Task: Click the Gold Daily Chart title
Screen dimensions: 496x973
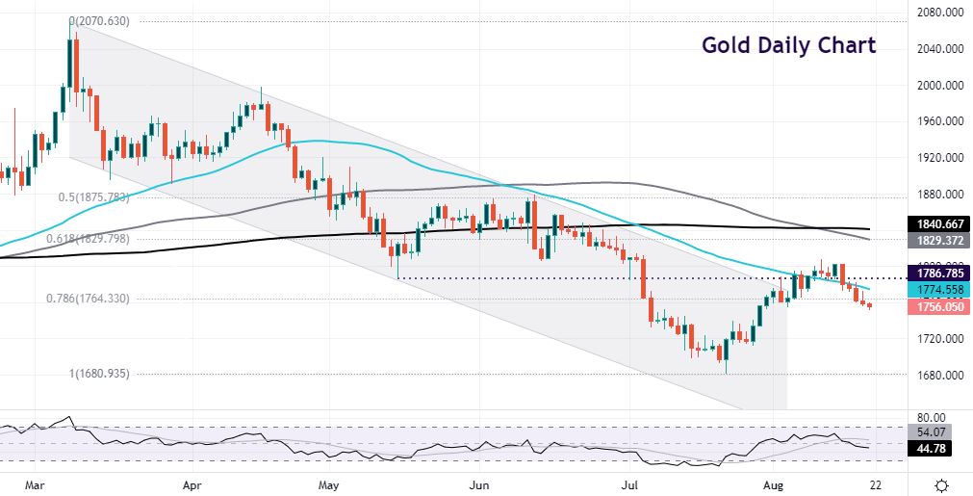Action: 788,45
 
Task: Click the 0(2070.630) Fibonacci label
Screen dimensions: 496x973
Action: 101,20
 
